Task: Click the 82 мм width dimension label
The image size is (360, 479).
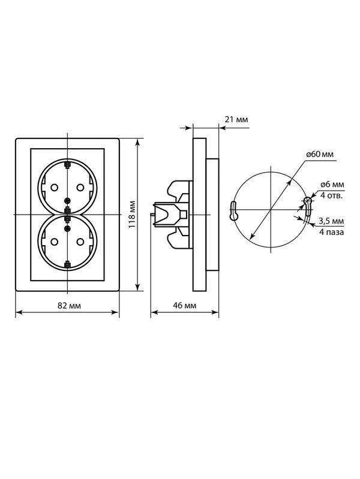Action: [70, 306]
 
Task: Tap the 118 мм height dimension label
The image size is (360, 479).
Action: [131, 214]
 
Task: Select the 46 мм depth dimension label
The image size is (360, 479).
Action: [185, 305]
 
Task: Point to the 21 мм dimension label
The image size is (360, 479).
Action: [236, 119]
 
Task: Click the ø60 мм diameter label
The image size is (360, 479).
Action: [320, 154]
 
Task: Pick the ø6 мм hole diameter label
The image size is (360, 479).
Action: [332, 185]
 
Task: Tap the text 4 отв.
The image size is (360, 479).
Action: [331, 195]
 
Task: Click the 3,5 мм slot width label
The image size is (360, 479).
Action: [331, 221]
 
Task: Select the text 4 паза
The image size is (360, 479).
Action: [332, 232]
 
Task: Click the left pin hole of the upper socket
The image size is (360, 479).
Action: [54, 187]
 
